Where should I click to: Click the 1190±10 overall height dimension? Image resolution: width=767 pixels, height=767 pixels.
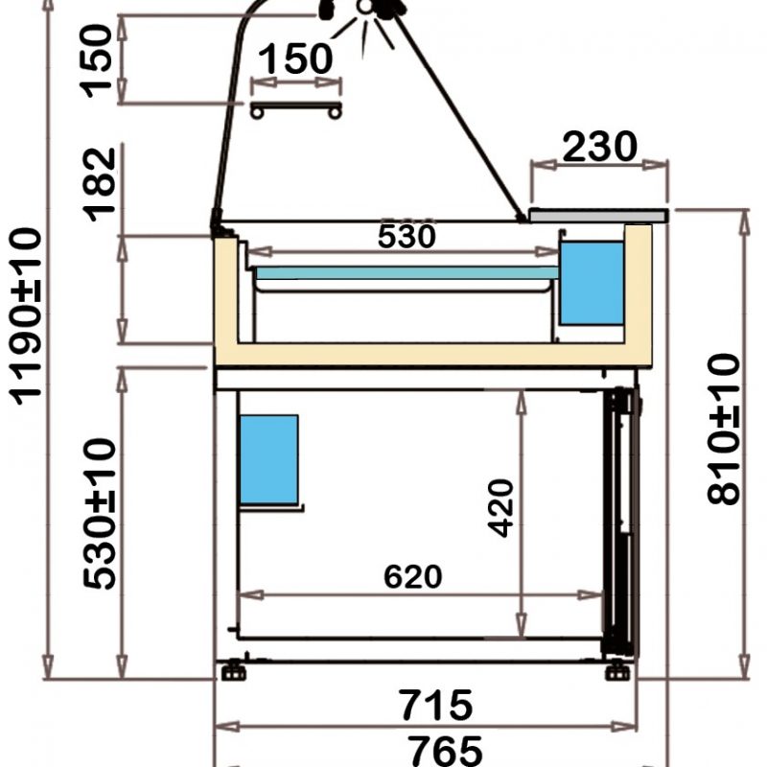tap(26, 316)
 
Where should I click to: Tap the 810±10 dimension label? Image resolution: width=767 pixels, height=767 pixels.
tap(724, 429)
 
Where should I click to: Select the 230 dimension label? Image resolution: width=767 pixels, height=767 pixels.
tap(600, 146)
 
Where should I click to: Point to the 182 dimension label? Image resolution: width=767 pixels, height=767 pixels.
tap(100, 184)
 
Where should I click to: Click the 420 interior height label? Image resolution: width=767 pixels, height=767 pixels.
tap(500, 508)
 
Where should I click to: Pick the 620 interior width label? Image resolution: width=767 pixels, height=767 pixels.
tap(413, 576)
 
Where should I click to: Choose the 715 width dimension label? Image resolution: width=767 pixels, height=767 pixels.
tap(436, 705)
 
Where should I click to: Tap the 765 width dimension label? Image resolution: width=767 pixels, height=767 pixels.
tap(445, 752)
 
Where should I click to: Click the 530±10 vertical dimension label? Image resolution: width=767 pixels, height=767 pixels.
tap(100, 514)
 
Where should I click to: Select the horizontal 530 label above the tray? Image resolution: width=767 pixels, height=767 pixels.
tap(407, 236)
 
